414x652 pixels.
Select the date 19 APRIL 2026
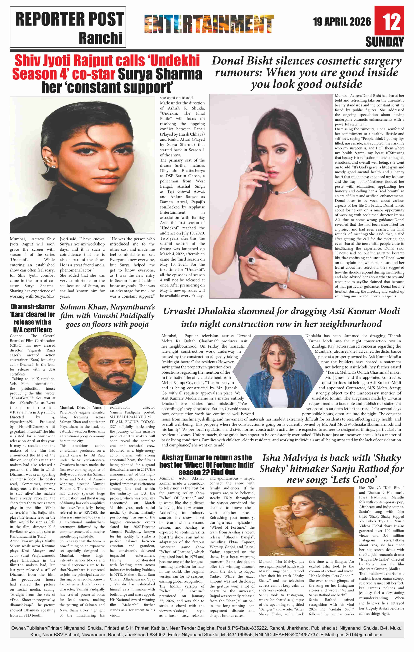tap(342, 22)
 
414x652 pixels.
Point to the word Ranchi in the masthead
tap(100, 38)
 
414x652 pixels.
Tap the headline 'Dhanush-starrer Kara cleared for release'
tap(32, 318)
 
